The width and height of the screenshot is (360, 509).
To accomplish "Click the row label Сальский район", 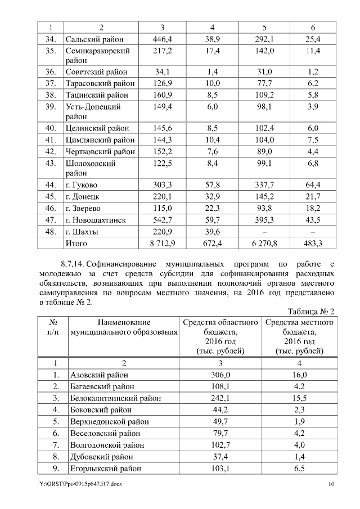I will [x=94, y=39].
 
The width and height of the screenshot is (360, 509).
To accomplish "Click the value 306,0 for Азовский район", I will [x=220, y=375].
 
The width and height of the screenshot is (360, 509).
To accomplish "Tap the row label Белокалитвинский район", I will [x=115, y=398].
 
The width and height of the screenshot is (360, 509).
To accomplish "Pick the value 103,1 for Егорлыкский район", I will [x=220, y=469].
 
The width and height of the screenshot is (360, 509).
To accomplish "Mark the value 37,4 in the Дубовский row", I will [x=220, y=457].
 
